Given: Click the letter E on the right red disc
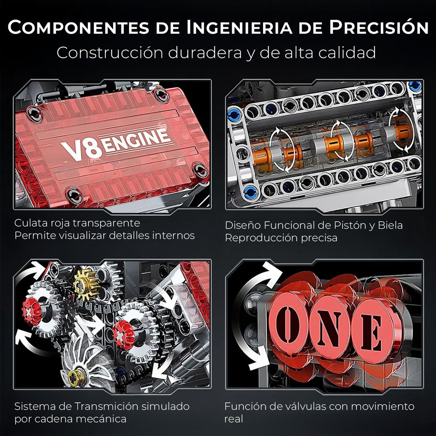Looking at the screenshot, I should pos(371,333).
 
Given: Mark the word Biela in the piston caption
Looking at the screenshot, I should pos(390,225).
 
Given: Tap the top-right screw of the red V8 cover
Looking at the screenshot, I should pos(160,95).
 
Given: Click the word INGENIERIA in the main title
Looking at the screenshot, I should pos(240,28).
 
